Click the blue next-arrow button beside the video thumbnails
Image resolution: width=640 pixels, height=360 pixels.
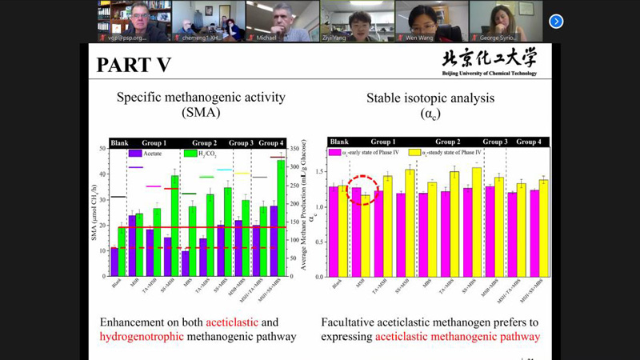point(556,22)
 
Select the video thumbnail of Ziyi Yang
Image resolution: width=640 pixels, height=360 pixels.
point(356,21)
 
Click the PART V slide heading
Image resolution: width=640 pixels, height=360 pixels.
point(134,65)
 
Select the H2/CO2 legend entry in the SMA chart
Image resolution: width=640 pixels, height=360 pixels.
point(204,153)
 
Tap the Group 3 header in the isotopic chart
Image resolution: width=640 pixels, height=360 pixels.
point(494,142)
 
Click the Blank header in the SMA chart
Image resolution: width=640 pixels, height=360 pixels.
point(119,142)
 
